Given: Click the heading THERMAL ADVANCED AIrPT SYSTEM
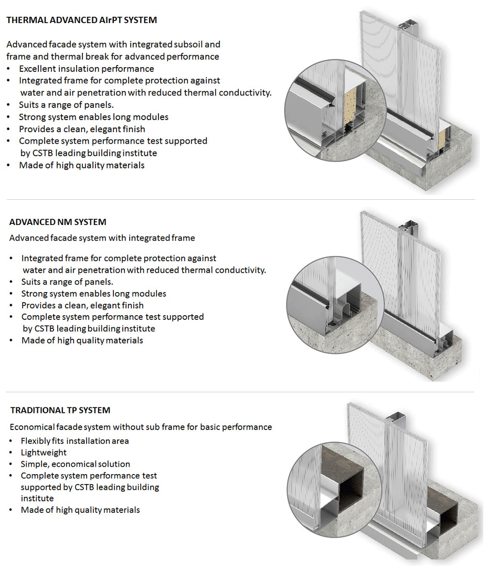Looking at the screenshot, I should pyautogui.click(x=81, y=20).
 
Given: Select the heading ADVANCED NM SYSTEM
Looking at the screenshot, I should pyautogui.click(x=58, y=222).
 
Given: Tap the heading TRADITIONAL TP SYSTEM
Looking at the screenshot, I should pyautogui.click(x=60, y=410).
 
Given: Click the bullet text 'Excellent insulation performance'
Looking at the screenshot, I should pyautogui.click(x=87, y=69).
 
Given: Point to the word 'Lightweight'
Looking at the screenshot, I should pyautogui.click(x=44, y=452).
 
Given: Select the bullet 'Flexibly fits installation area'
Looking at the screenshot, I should pyautogui.click(x=75, y=441).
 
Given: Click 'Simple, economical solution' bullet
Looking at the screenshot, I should pyautogui.click(x=75, y=464).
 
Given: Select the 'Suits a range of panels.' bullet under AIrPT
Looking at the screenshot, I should pyautogui.click(x=66, y=105).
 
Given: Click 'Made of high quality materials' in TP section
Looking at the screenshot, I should pyautogui.click(x=80, y=510).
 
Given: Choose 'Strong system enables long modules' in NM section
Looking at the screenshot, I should pyautogui.click(x=93, y=294).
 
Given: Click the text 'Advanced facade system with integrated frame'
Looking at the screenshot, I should pyautogui.click(x=102, y=238).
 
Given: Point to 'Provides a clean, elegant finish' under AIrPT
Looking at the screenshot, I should pyautogui.click(x=82, y=129).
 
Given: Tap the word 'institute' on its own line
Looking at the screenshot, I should pyautogui.click(x=37, y=498).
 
